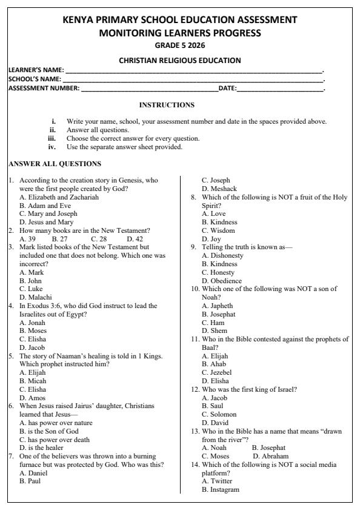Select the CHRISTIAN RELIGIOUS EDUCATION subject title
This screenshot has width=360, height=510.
click(179, 60)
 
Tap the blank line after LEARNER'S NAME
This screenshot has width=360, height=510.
click(194, 70)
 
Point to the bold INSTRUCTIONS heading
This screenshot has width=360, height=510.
click(167, 105)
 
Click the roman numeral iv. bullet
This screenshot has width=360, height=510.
click(52, 147)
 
